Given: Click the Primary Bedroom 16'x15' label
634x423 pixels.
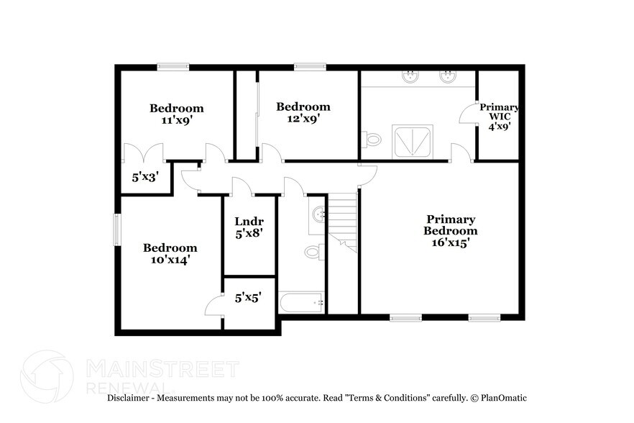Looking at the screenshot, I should pos(450,231).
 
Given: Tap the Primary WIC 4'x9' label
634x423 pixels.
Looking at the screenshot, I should pos(499,116).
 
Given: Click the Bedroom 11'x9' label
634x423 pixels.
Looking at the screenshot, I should pos(176,114).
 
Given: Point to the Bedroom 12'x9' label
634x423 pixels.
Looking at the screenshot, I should pos(303,113).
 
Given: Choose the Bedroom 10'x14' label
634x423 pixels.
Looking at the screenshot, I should pos(170,253).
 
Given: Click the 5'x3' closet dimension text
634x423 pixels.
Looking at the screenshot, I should pos(144,176).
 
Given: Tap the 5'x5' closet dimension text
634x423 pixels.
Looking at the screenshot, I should pos(249,296).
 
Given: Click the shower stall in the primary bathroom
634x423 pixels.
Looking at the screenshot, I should pos(413,140).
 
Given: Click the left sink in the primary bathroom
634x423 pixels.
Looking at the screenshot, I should pos(410,77).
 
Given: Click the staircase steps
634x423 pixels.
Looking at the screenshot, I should pos(342,216).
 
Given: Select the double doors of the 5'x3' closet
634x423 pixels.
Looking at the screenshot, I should pos(144,154).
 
